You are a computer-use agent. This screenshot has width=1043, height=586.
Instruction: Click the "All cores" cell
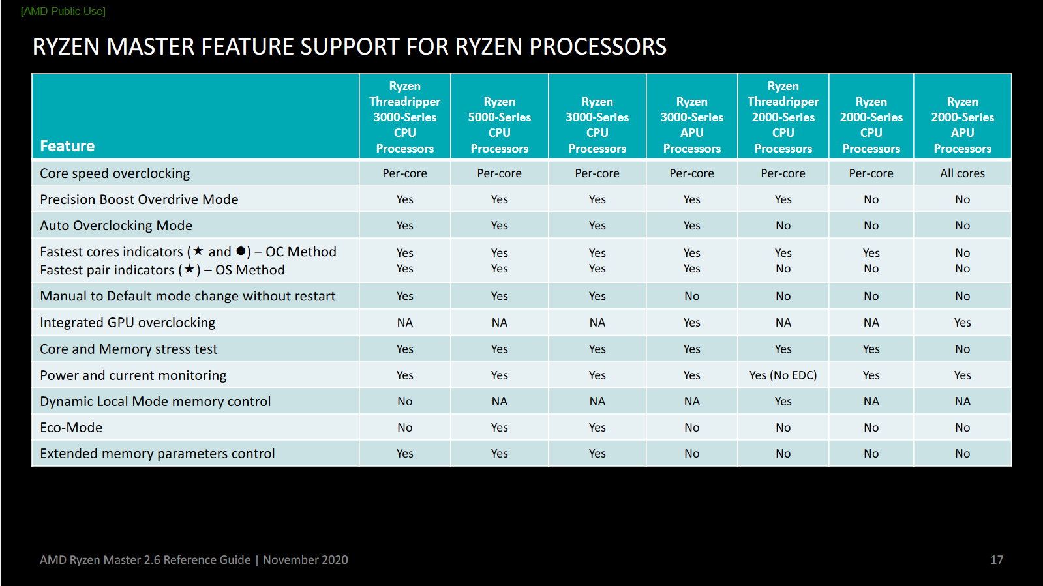click(962, 173)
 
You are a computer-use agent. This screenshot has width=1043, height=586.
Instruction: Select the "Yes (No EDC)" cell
click(783, 375)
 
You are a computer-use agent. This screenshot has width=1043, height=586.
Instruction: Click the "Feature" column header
click(67, 146)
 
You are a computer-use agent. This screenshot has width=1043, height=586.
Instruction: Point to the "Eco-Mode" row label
click(71, 428)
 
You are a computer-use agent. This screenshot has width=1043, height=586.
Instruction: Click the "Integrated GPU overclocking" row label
click(127, 323)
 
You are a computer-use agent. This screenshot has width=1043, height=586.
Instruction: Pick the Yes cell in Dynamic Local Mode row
click(783, 402)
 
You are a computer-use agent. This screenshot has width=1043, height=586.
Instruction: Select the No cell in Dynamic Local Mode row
click(404, 402)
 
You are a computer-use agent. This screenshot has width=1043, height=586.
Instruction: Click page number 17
click(997, 560)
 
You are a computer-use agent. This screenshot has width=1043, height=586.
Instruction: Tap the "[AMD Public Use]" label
click(63, 11)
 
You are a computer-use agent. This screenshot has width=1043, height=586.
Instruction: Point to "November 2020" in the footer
click(305, 560)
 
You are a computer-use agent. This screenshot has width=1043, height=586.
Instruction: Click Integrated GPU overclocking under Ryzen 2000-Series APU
click(962, 323)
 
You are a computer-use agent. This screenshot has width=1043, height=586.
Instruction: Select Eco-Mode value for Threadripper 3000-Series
click(404, 428)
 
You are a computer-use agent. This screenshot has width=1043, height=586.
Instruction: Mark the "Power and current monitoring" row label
click(133, 375)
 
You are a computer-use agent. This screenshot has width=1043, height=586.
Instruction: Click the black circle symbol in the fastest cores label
click(241, 251)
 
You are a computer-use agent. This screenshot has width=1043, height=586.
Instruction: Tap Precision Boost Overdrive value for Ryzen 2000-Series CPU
click(871, 199)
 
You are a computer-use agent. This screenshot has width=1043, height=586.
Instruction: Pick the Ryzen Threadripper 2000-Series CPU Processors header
click(783, 117)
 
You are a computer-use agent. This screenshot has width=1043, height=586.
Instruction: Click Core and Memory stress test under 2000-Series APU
click(962, 349)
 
